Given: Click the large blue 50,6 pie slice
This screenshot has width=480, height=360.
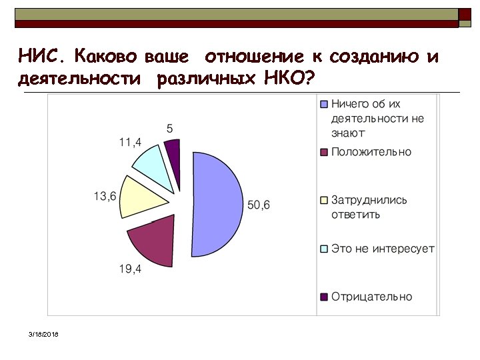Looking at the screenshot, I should pyautogui.click(x=217, y=203).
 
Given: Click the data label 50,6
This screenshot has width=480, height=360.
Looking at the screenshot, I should pyautogui.click(x=259, y=205).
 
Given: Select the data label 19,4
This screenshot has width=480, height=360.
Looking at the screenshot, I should pyautogui.click(x=130, y=269).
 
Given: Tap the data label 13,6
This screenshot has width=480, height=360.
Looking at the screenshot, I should pyautogui.click(x=105, y=196).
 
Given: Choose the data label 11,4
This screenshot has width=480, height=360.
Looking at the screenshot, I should pyautogui.click(x=129, y=142).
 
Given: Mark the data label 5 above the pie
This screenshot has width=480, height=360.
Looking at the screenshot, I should pyautogui.click(x=169, y=127).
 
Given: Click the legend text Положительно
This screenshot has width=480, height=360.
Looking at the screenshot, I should pyautogui.click(x=371, y=152).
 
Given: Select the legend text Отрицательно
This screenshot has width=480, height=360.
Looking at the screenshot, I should pyautogui.click(x=371, y=297).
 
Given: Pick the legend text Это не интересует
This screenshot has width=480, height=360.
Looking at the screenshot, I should pyautogui.click(x=383, y=249).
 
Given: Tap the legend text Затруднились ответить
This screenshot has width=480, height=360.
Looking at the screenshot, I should pyautogui.click(x=369, y=207).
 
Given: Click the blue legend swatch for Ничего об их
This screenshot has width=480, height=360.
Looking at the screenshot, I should pyautogui.click(x=325, y=105).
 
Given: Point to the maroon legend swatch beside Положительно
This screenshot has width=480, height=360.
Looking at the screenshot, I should pyautogui.click(x=325, y=152).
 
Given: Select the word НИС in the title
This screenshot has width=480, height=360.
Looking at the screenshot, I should pyautogui.click(x=39, y=56).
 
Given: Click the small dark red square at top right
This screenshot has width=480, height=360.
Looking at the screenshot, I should pyautogui.click(x=465, y=13).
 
